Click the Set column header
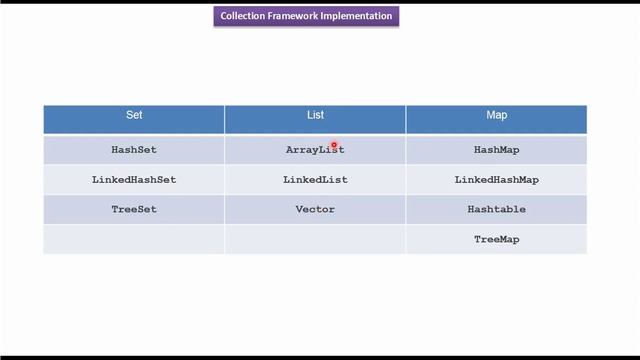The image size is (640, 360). click(x=134, y=116)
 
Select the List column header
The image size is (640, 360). click(x=315, y=116)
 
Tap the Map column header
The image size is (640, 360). click(x=496, y=116)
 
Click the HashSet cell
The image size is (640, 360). click(x=134, y=150)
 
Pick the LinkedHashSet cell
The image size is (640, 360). click(x=134, y=180)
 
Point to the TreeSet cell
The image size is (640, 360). click(x=134, y=210)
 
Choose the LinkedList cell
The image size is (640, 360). click(x=315, y=180)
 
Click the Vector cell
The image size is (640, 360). click(x=315, y=210)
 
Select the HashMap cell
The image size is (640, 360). click(x=496, y=150)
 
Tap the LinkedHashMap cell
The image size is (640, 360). click(x=496, y=180)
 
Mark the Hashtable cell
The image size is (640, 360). click(x=496, y=210)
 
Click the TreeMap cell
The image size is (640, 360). click(x=496, y=240)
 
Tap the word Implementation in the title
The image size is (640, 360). click(x=356, y=17)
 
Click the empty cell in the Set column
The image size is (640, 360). click(x=134, y=240)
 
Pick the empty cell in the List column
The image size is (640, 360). click(x=315, y=240)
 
